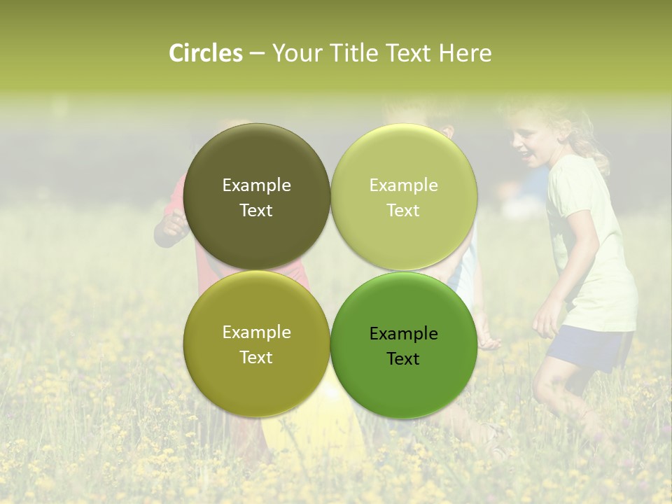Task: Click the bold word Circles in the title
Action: pyautogui.click(x=206, y=53)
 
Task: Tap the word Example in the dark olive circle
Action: pyautogui.click(x=256, y=185)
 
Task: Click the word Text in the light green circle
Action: pyautogui.click(x=403, y=211)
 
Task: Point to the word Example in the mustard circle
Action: pyautogui.click(x=256, y=332)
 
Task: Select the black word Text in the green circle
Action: pyautogui.click(x=403, y=358)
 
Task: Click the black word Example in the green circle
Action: pyautogui.click(x=403, y=334)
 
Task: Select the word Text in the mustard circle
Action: pyautogui.click(x=256, y=358)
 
